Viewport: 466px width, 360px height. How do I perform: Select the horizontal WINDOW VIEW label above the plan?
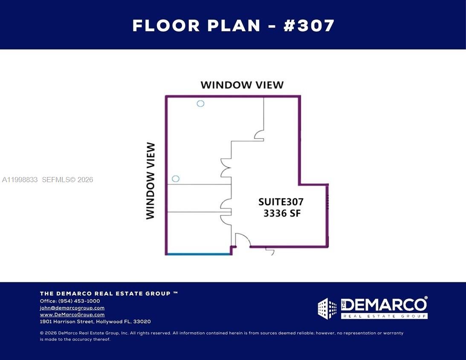point(242,84)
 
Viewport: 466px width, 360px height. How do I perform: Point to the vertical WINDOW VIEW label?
point(151,181)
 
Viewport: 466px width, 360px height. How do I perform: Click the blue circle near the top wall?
point(200,103)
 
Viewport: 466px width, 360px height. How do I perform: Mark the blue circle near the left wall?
point(175,179)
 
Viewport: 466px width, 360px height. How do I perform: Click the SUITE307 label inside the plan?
point(281,201)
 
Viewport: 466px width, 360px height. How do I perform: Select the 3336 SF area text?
point(282,213)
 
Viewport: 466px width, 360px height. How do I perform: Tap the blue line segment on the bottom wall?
point(198,254)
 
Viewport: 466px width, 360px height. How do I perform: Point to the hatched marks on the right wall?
point(327,201)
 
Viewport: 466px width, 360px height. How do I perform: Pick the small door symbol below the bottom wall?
point(270,251)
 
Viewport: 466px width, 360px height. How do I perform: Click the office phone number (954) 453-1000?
point(79,301)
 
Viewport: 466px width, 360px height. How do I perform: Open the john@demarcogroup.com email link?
point(72,308)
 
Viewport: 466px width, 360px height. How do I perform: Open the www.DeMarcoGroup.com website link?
point(72,314)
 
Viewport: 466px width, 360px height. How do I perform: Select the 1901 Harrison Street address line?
point(95,322)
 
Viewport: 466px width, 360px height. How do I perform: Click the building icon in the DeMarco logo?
point(327,308)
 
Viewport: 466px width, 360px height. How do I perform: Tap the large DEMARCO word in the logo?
point(384,305)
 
